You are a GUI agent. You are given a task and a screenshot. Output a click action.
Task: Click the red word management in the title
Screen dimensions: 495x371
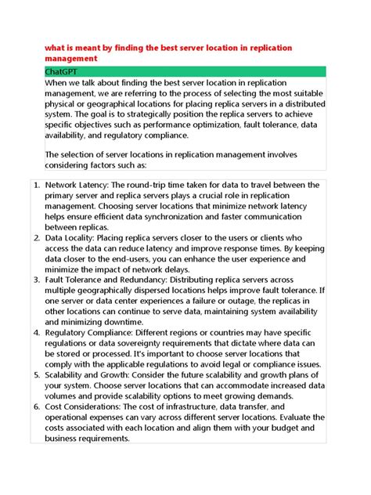tap(71, 59)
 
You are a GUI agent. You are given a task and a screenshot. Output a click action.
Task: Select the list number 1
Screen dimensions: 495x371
tap(37, 186)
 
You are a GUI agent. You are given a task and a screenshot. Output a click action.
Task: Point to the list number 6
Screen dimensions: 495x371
tap(37, 406)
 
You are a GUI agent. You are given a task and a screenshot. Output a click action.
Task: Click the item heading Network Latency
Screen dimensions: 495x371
tap(76, 186)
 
